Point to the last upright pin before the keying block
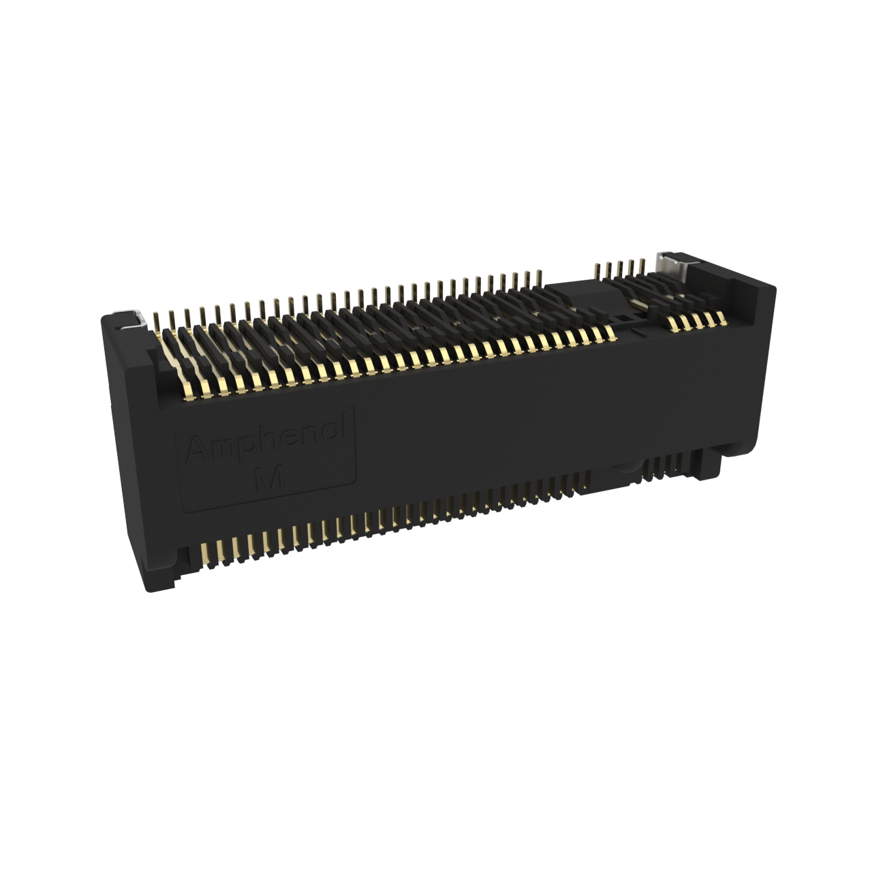538,279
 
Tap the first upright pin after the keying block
597,270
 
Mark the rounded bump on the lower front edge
626,467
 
